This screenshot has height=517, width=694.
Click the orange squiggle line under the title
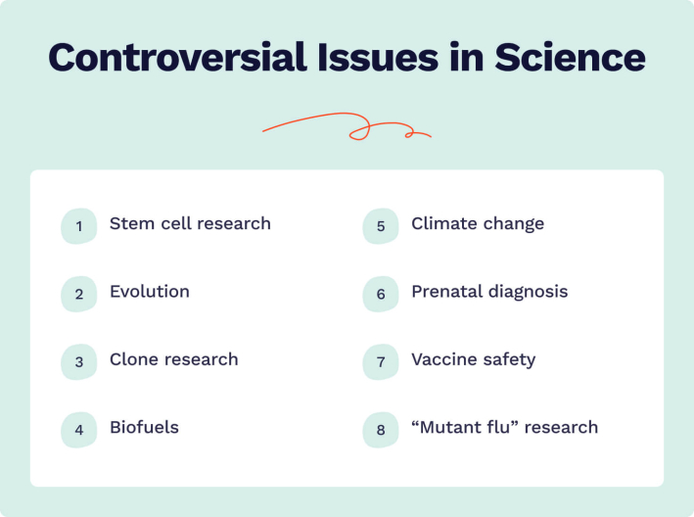pyautogui.click(x=347, y=126)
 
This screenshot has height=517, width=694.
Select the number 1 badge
pyautogui.click(x=79, y=226)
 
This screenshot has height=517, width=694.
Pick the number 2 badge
pyautogui.click(x=79, y=294)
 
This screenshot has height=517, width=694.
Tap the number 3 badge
pyautogui.click(x=79, y=361)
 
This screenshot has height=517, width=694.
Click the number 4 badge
pyautogui.click(x=79, y=429)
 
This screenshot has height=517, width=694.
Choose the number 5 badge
pyautogui.click(x=381, y=226)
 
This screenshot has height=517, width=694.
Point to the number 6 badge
pyautogui.click(x=381, y=294)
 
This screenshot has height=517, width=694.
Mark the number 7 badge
pyautogui.click(x=381, y=361)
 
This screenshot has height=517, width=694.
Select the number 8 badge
pyautogui.click(x=381, y=429)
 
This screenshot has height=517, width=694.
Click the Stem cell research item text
pyautogui.click(x=190, y=224)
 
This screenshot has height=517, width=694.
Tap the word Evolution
pyautogui.click(x=150, y=292)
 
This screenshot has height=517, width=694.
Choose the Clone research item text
pyautogui.click(x=174, y=359)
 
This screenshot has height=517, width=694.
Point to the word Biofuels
pyautogui.click(x=144, y=427)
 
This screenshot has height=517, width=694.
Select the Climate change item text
pyautogui.click(x=478, y=224)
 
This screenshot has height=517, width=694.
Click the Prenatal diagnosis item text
pyautogui.click(x=489, y=292)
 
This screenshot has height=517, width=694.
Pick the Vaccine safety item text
pyautogui.click(x=473, y=359)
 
